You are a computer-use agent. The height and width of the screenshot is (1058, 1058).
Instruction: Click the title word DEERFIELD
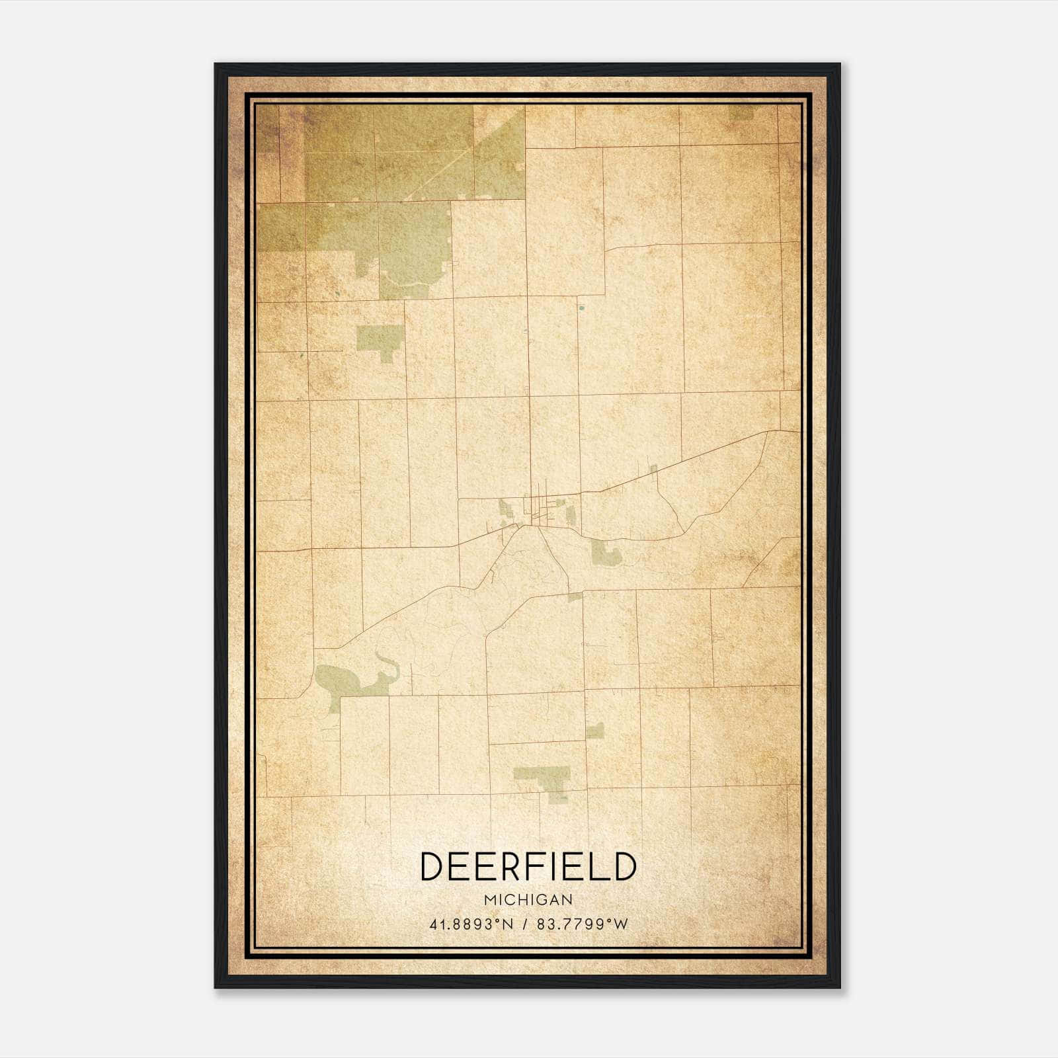point(528,867)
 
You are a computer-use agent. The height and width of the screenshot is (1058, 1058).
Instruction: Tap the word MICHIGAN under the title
point(528,900)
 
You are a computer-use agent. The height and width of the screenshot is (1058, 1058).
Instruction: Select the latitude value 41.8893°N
point(471,924)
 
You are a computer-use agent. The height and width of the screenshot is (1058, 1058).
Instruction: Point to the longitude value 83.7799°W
point(582,924)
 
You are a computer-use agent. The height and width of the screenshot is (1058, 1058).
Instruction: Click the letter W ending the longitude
point(620,924)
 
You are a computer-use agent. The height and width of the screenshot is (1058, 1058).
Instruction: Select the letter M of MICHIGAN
point(489,900)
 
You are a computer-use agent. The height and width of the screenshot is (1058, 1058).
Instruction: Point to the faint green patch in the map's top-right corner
point(741,114)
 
